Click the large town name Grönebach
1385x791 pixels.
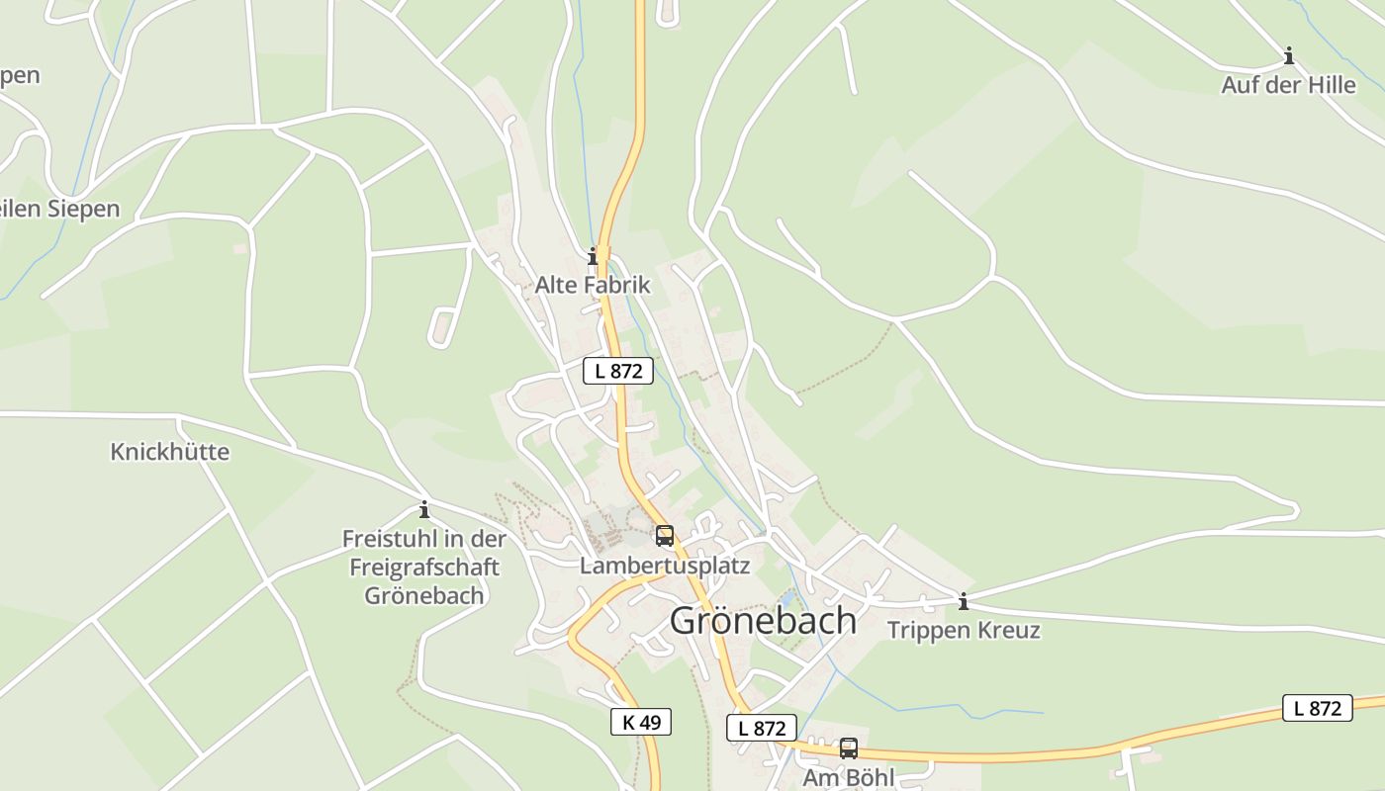click(763, 621)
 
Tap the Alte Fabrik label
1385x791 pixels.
click(593, 285)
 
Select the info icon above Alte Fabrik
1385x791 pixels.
click(593, 257)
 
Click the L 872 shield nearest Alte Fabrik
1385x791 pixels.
click(618, 371)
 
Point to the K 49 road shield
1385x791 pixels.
click(641, 722)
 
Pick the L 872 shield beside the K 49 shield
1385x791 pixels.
click(762, 728)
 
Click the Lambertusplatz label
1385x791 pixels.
click(665, 566)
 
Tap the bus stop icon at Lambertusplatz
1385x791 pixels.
click(665, 536)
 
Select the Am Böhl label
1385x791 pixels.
click(848, 777)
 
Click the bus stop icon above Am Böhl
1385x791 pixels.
click(848, 748)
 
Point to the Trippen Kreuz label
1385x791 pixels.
click(964, 630)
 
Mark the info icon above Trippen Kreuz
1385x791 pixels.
click(963, 601)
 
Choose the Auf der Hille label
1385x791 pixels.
click(1288, 85)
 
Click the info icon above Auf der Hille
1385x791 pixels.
click(1288, 55)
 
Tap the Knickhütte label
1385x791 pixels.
click(169, 452)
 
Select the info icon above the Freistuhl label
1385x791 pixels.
click(424, 510)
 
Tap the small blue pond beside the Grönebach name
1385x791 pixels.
click(788, 598)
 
